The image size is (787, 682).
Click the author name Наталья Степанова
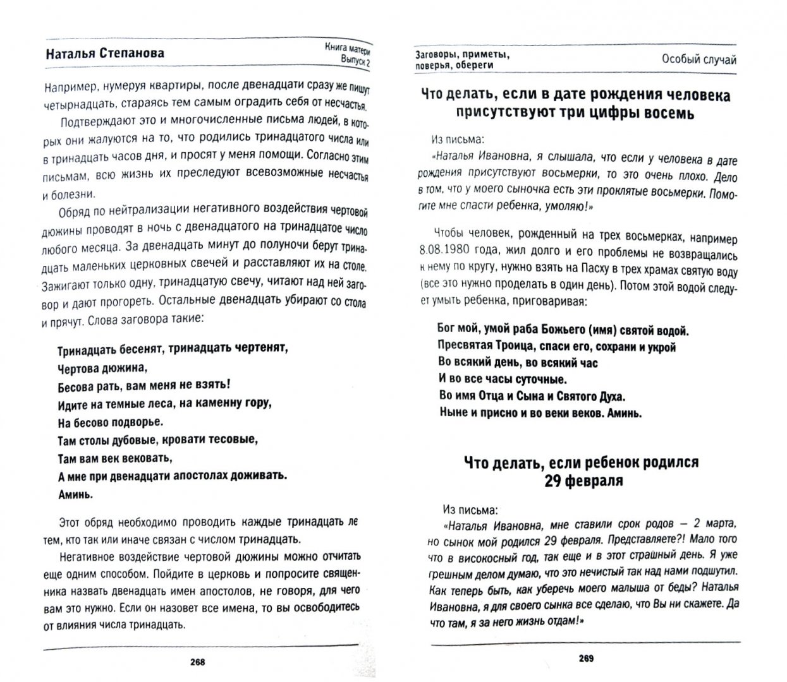click(x=105, y=54)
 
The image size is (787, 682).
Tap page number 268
click(x=198, y=662)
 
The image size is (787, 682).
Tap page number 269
click(x=585, y=661)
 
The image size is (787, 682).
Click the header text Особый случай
click(x=699, y=59)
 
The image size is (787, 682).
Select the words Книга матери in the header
click(x=347, y=46)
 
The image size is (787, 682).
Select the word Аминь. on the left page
click(x=75, y=493)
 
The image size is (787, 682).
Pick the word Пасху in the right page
click(x=587, y=270)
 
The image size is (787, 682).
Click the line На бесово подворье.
click(x=109, y=421)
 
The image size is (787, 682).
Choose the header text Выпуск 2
click(x=353, y=59)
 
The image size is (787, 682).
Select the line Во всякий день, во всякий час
click(x=517, y=362)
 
